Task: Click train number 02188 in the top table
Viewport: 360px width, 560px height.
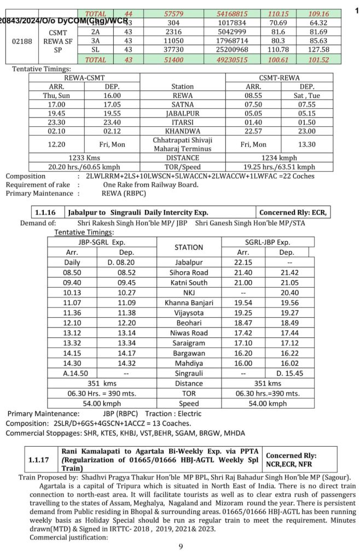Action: (x=22, y=40)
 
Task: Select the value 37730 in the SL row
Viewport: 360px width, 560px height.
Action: (x=167, y=50)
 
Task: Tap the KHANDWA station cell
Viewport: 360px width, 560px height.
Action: (x=182, y=131)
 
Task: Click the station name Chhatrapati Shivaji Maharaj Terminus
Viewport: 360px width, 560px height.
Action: (x=182, y=144)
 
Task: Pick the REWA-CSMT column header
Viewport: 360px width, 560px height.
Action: (x=84, y=78)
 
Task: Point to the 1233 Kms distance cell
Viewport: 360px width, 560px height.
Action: (x=84, y=157)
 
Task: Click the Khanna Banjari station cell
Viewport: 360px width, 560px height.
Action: (x=189, y=302)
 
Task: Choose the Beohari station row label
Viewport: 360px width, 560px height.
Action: (x=189, y=322)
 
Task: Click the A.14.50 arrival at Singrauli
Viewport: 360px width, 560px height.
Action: (x=72, y=374)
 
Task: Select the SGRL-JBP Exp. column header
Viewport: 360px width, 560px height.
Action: (x=268, y=242)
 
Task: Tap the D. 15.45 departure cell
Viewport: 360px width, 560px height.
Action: (x=287, y=374)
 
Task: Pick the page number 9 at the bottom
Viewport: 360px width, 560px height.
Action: (x=181, y=546)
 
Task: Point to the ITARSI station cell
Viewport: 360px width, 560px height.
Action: (x=182, y=122)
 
